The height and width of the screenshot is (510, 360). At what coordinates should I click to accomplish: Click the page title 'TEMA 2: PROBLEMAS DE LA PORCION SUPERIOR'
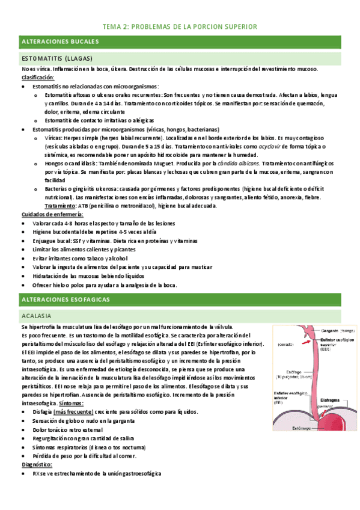pyautogui.click(x=180, y=27)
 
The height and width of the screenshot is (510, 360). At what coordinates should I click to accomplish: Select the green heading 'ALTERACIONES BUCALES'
pyautogui.click(x=60, y=41)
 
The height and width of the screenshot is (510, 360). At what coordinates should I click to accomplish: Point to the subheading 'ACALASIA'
pyautogui.click(x=36, y=316)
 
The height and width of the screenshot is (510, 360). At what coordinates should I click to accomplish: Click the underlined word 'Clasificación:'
pyautogui.click(x=38, y=78)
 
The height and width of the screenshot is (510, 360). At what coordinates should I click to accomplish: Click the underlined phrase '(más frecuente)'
pyautogui.click(x=73, y=411)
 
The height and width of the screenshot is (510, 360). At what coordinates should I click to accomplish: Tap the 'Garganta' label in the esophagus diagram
pyautogui.click(x=327, y=331)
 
